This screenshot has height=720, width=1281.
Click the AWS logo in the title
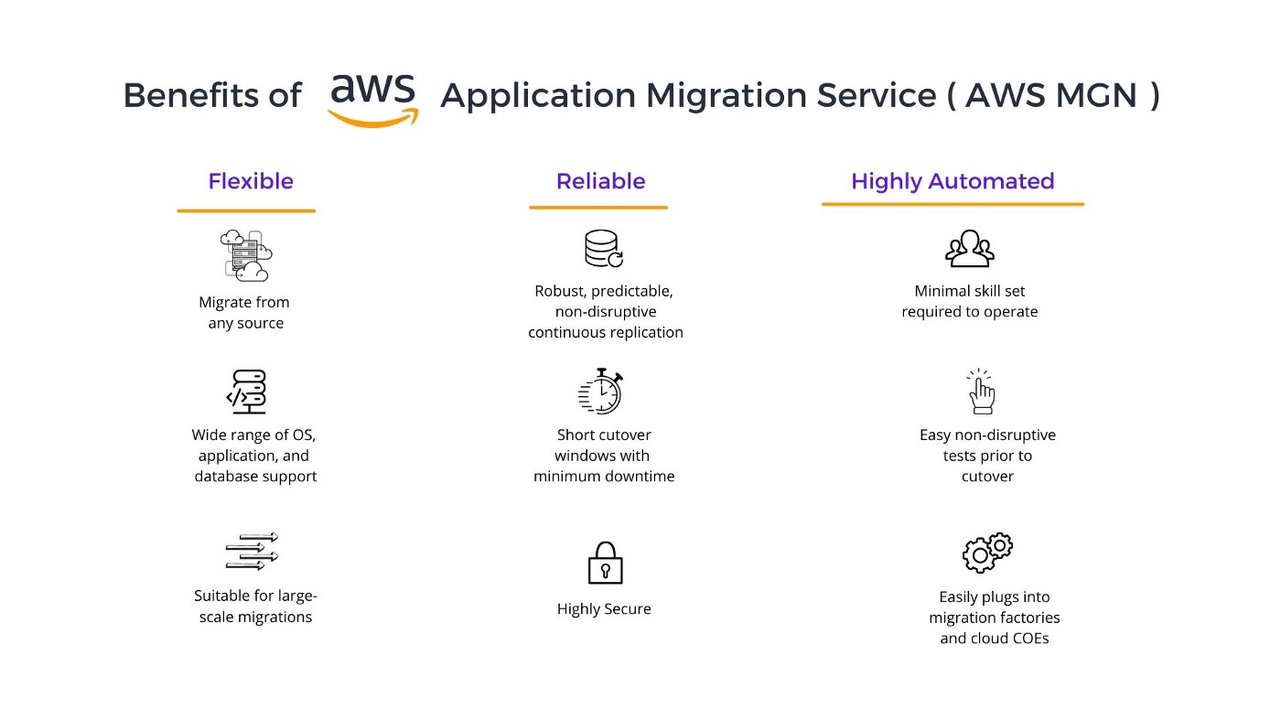tap(373, 99)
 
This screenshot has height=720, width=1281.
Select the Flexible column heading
tap(251, 181)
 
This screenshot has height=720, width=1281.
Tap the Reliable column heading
tap(600, 181)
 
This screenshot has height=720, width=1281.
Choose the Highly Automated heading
tap(953, 181)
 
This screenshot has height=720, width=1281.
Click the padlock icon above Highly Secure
tap(604, 563)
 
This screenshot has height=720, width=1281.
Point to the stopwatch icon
tap(601, 392)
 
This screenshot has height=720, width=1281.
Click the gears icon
tap(987, 552)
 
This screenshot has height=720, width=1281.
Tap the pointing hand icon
tap(982, 392)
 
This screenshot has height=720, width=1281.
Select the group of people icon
tap(969, 249)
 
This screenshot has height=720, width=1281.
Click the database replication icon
tap(603, 249)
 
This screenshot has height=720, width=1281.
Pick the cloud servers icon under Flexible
tap(246, 255)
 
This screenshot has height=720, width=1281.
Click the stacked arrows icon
tap(252, 552)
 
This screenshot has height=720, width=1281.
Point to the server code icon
tap(247, 392)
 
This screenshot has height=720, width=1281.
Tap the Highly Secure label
tap(604, 609)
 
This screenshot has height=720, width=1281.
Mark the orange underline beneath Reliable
tap(598, 208)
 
